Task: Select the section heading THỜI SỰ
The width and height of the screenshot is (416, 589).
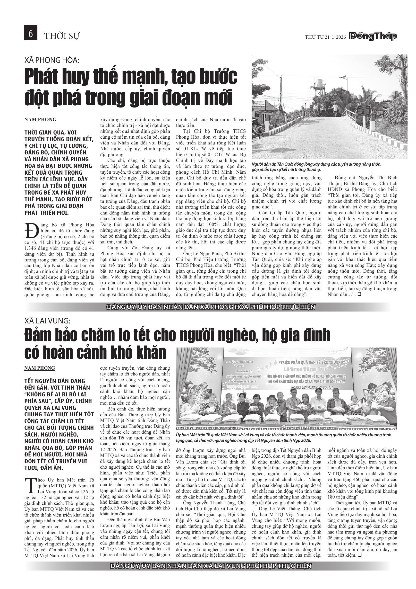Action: pos(61,36)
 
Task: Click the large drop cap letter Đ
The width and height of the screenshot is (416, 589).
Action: pos(30,231)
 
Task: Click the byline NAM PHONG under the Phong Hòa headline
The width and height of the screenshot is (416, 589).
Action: pos(40,120)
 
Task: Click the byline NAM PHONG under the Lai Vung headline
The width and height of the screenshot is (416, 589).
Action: pos(40,368)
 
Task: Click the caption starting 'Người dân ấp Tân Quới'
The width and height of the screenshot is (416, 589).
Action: pos(316,167)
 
